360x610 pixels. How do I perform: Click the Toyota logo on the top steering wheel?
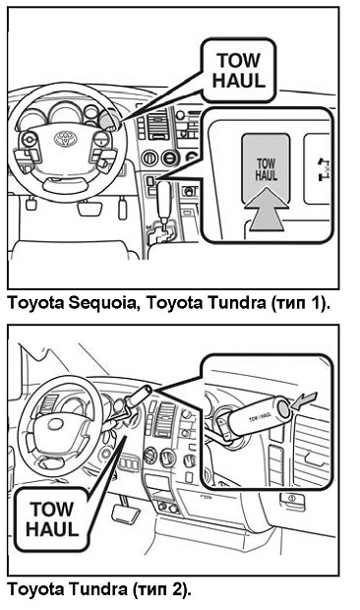tap(66, 138)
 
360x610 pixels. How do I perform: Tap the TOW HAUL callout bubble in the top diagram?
tap(238, 71)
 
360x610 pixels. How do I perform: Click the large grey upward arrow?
tap(267, 209)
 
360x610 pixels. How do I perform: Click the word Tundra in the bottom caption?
tap(98, 589)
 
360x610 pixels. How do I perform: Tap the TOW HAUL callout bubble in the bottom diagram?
tap(52, 519)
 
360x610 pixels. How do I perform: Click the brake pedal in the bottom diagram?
tap(126, 514)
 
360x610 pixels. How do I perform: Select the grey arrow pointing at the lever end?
tap(304, 401)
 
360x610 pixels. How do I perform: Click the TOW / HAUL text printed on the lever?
tap(260, 417)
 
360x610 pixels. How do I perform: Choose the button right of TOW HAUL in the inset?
tap(318, 169)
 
